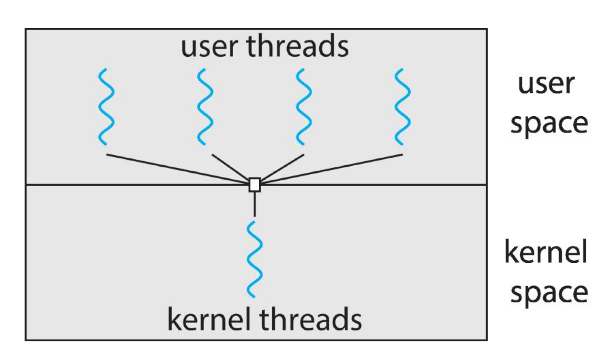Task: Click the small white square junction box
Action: pyautogui.click(x=255, y=185)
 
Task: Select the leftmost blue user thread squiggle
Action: pyautogui.click(x=106, y=107)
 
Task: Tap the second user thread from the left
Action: pyautogui.click(x=205, y=107)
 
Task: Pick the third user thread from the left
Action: pyautogui.click(x=303, y=107)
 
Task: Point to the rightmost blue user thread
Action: pyautogui.click(x=402, y=107)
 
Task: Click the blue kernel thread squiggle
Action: pyautogui.click(x=255, y=260)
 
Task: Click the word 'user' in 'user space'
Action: pyautogui.click(x=546, y=84)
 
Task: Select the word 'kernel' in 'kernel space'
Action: pyautogui.click(x=546, y=252)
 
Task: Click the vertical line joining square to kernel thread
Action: pyautogui.click(x=255, y=204)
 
